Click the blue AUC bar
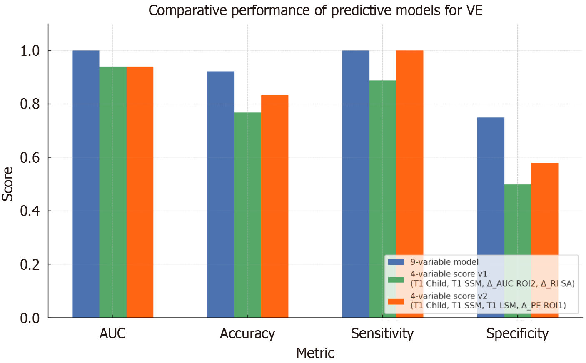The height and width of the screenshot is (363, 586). [x=86, y=183]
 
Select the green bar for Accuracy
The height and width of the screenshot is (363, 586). [x=247, y=214]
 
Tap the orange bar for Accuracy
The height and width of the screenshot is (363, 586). [x=274, y=206]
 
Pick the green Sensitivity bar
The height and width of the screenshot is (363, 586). [x=382, y=167]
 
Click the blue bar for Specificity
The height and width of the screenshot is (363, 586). [x=490, y=187]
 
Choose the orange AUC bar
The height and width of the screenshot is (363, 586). [x=140, y=191]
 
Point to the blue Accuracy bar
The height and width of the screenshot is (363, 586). [x=220, y=194]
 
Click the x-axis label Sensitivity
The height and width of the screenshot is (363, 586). [x=382, y=333]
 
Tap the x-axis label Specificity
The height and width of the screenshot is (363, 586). [x=517, y=333]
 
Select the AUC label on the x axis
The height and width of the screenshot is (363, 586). [x=112, y=333]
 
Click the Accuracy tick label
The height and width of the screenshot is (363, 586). [x=247, y=333]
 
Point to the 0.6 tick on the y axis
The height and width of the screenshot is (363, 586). [x=30, y=157]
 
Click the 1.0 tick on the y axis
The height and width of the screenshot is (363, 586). [x=30, y=51]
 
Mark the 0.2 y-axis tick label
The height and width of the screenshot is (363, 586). [x=30, y=264]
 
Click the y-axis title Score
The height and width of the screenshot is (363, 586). [x=7, y=184]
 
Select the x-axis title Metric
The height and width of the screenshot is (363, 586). [x=315, y=353]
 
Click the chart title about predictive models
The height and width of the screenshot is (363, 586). [x=315, y=10]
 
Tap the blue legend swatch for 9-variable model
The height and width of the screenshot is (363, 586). [x=396, y=262]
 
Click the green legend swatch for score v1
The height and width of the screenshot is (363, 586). [x=396, y=279]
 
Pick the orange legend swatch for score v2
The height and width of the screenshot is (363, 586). [x=396, y=301]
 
